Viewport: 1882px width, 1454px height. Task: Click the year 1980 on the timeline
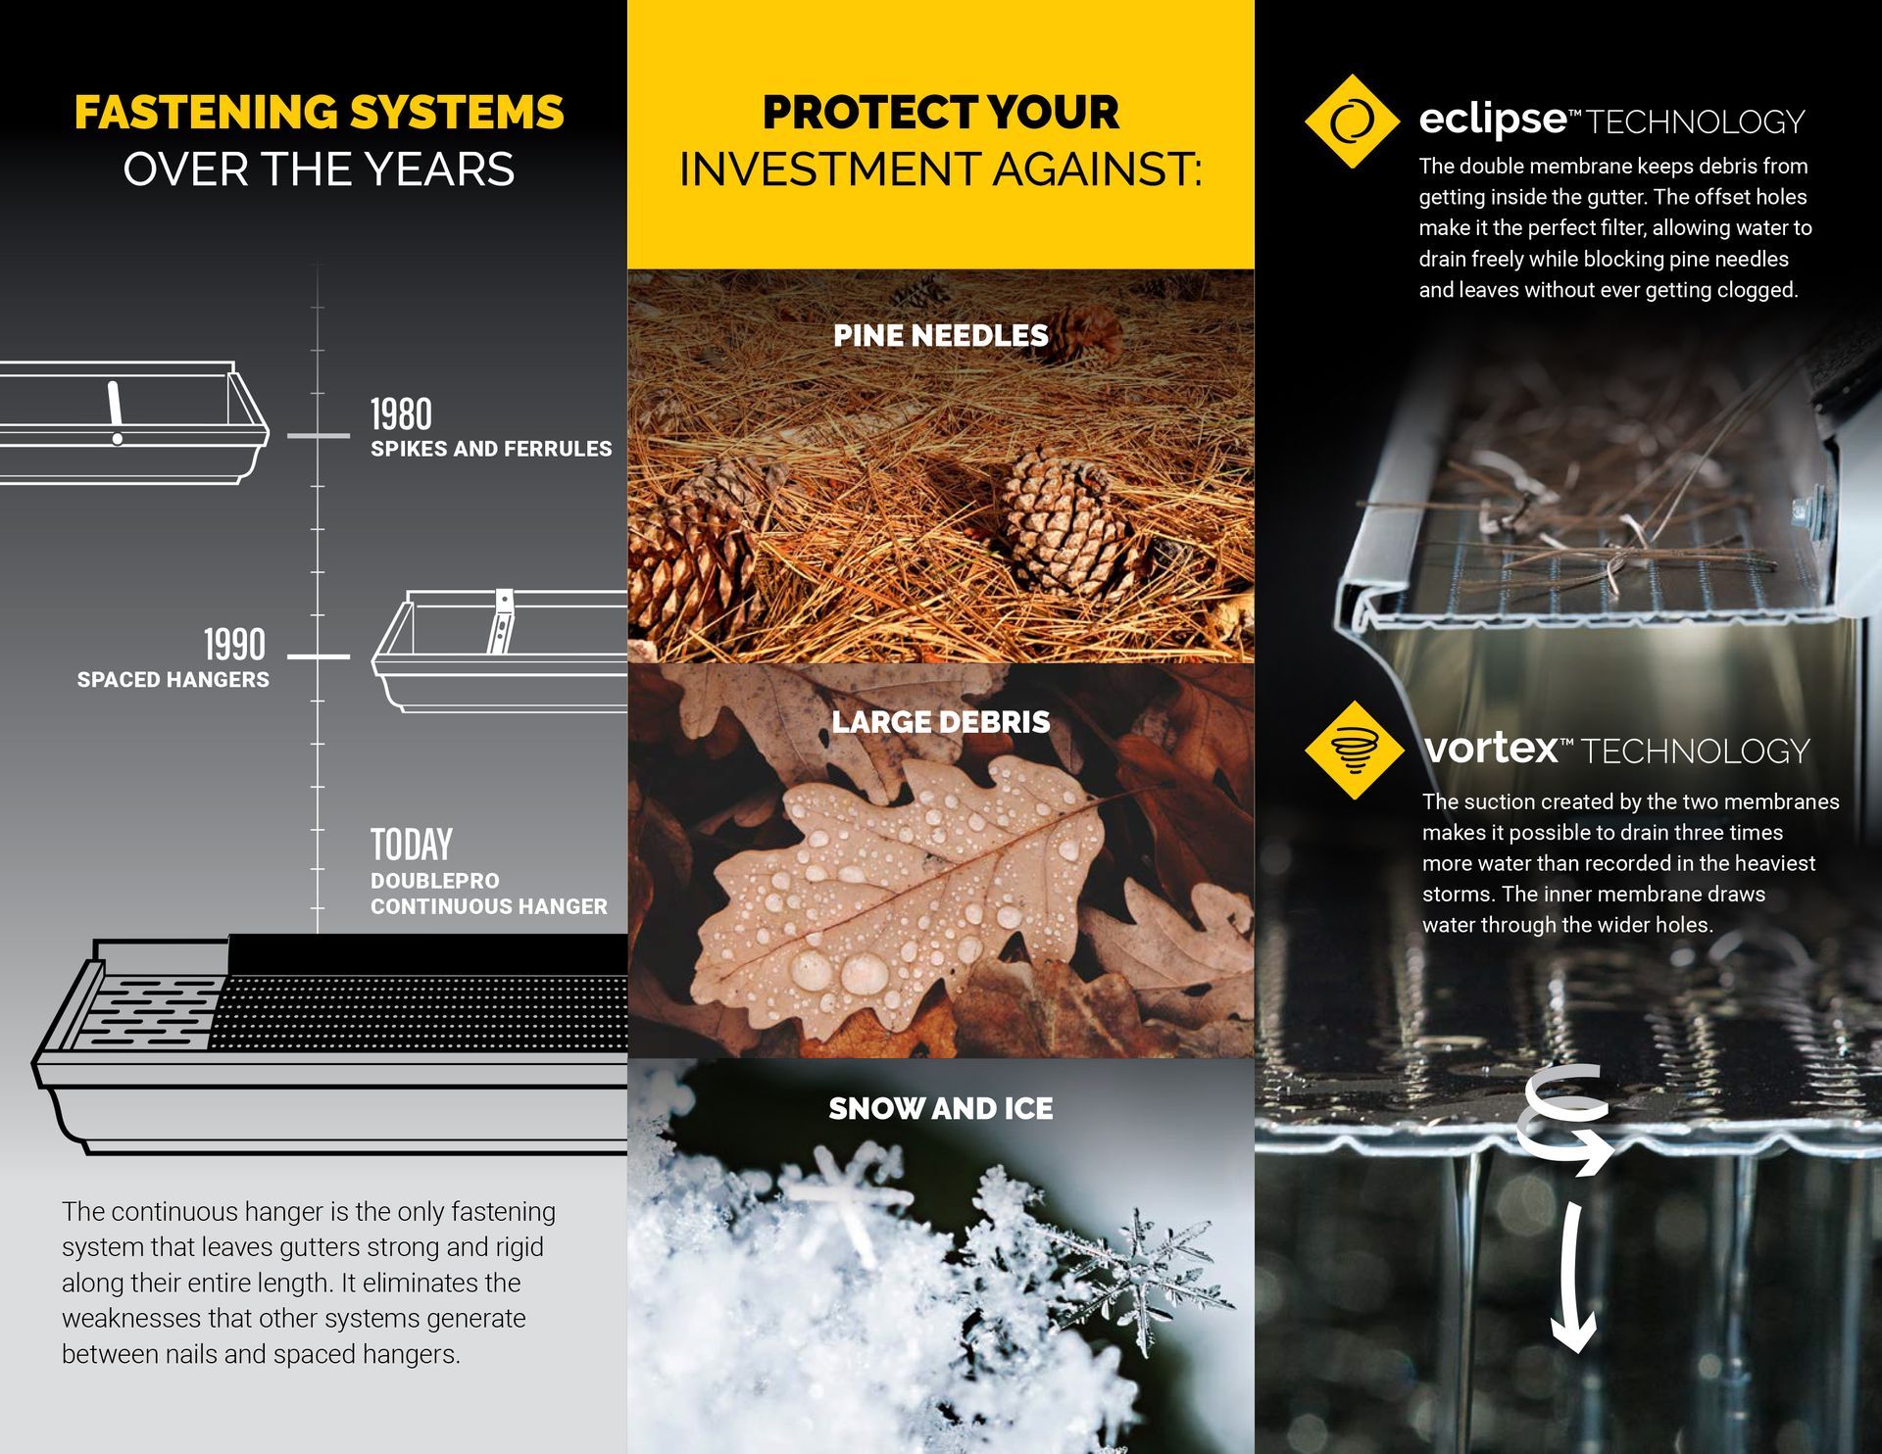(401, 414)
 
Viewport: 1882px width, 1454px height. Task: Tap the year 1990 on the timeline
(234, 645)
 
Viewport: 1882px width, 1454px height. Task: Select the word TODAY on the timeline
(412, 844)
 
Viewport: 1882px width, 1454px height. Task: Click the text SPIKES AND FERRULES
(491, 449)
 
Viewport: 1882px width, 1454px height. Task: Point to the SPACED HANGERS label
(173, 680)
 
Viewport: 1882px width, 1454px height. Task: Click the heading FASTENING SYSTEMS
(320, 113)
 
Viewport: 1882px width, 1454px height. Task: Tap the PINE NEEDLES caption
(941, 336)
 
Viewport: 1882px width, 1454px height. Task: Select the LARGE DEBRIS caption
(941, 722)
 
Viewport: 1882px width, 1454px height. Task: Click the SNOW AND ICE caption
(941, 1108)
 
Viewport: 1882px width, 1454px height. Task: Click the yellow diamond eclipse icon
(1353, 121)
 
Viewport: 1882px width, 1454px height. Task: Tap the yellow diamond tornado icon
(1355, 750)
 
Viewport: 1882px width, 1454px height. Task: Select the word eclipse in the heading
(1493, 120)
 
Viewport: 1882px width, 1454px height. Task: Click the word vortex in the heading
(1491, 749)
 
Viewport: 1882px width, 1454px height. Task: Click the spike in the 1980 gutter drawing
(116, 412)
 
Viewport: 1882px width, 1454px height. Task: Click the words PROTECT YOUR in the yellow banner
(941, 113)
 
